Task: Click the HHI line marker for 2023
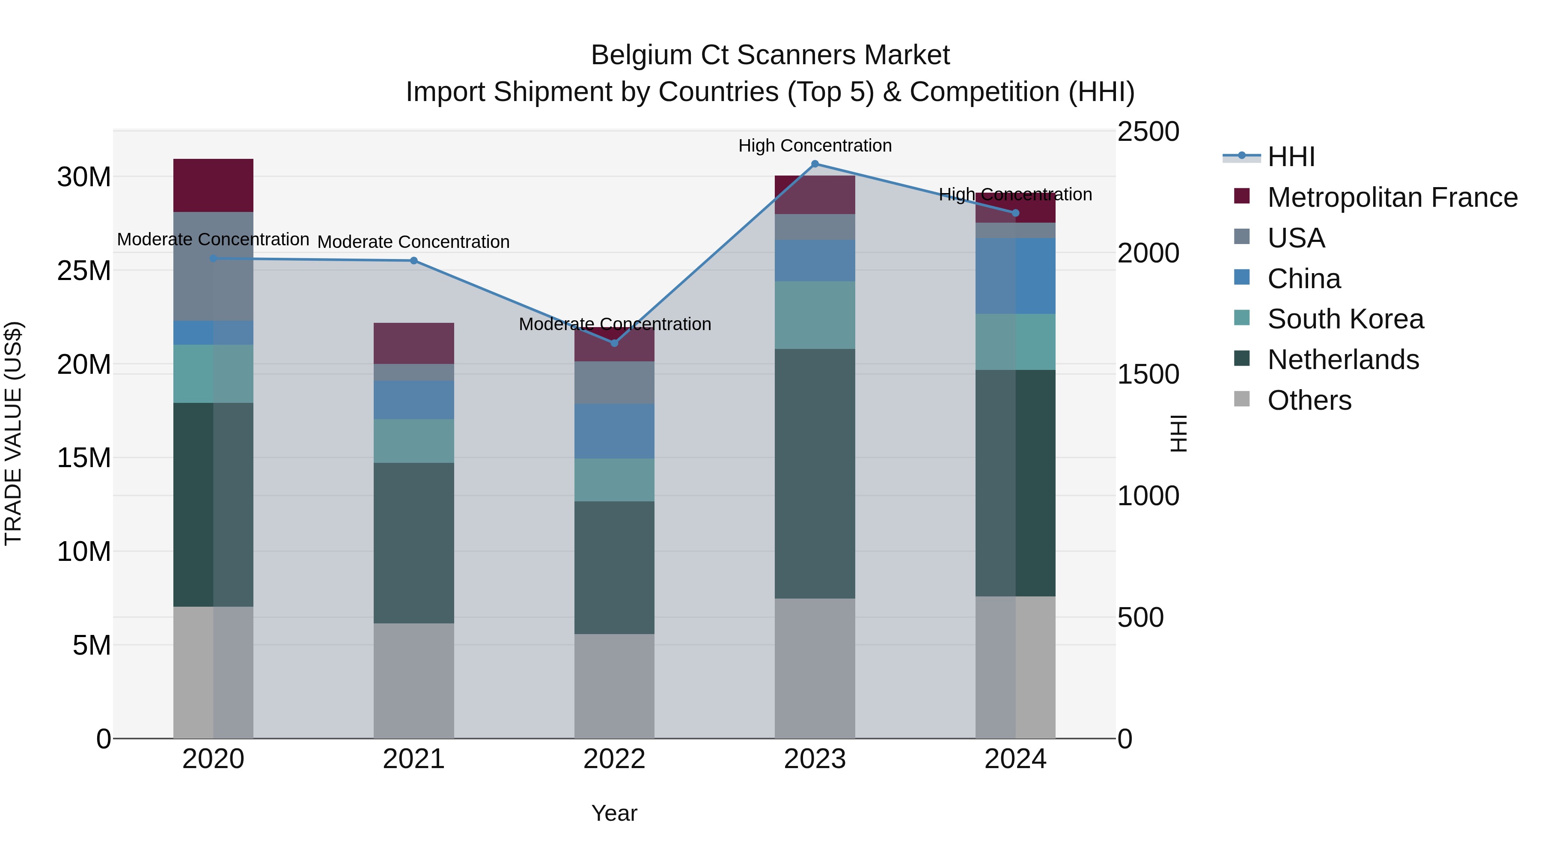pos(815,164)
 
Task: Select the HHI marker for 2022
pos(614,343)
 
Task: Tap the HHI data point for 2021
pos(414,261)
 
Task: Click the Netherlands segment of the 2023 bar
pos(815,473)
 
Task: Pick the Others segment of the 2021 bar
pos(414,680)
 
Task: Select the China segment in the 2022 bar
pos(614,431)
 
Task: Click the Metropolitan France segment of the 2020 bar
pos(213,185)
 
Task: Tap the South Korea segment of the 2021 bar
pos(414,441)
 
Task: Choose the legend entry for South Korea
pos(1345,319)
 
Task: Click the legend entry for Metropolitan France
pos(1392,197)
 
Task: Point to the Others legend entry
pos(1309,400)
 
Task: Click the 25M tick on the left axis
pos(84,271)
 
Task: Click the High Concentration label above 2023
pos(815,146)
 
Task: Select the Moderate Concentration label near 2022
pos(614,324)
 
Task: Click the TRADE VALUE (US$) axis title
pos(13,433)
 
